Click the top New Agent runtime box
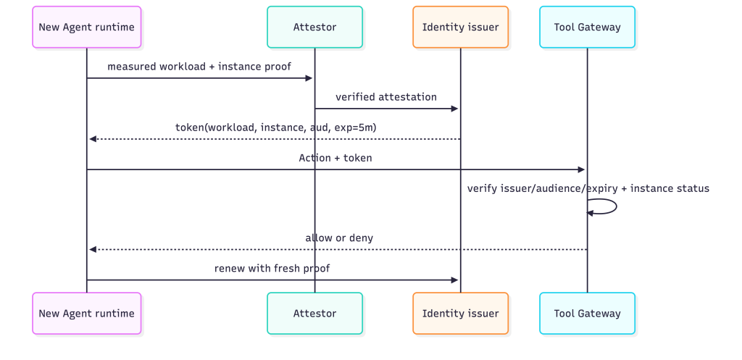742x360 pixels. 87,27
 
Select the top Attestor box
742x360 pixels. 314,27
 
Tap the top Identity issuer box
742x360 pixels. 460,27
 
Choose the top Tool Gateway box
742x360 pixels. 587,27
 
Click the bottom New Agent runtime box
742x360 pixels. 87,313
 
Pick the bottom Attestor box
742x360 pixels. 314,313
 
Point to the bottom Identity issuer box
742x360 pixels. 460,313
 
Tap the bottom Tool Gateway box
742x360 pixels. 587,313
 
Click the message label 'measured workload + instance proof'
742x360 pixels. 199,67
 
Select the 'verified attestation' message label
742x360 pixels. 386,97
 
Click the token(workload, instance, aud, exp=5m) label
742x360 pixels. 276,127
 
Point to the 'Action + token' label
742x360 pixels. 335,158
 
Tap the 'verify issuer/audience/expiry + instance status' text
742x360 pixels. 588,188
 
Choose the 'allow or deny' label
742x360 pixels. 339,238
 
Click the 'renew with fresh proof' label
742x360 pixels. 272,268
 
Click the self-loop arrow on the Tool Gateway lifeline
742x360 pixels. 616,206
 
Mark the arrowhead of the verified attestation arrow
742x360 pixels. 455,109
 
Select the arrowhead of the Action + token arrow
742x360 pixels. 582,169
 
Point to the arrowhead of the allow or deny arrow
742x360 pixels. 93,249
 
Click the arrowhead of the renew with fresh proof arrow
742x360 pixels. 455,280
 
